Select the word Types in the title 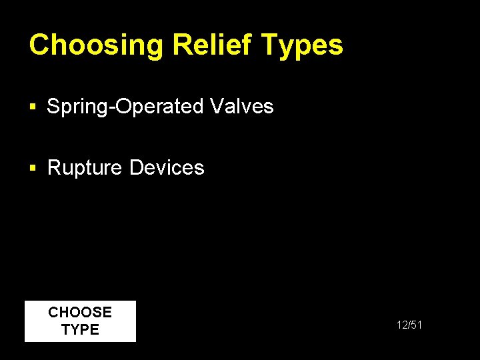[303, 45]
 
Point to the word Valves [241, 106]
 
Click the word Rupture [85, 167]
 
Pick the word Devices [167, 167]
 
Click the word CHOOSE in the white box [80, 312]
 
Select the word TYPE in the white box [80, 329]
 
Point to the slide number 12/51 [409, 325]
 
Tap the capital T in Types [269, 45]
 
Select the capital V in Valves [215, 106]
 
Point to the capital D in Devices [136, 167]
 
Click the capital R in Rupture [54, 167]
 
